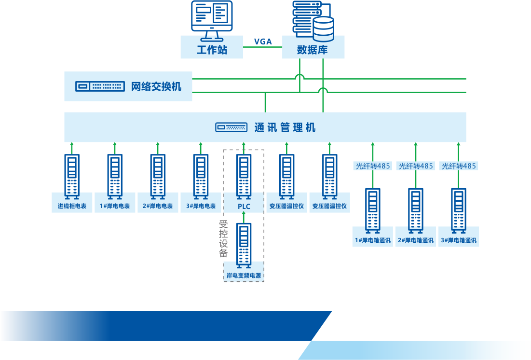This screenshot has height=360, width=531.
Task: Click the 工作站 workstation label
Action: [212, 50]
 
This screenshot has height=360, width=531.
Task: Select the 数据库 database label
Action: [313, 50]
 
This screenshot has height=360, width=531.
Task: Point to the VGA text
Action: [263, 42]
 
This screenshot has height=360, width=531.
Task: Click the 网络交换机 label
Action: [156, 86]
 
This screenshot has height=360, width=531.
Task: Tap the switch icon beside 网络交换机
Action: [100, 86]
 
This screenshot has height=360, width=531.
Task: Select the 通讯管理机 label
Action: [285, 127]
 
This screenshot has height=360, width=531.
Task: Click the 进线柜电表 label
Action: [72, 206]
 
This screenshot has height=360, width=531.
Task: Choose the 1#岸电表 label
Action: [115, 206]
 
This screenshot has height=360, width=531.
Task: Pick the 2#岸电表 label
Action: [158, 206]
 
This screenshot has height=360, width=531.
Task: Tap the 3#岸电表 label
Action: [201, 206]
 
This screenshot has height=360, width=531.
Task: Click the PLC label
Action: [244, 207]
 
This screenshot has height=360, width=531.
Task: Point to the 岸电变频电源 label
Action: [244, 276]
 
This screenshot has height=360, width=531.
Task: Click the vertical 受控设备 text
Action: [223, 239]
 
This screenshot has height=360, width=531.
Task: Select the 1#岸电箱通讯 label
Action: [373, 240]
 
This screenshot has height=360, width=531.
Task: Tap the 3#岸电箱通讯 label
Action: [459, 240]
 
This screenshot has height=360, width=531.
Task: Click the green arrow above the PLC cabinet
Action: [244, 148]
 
